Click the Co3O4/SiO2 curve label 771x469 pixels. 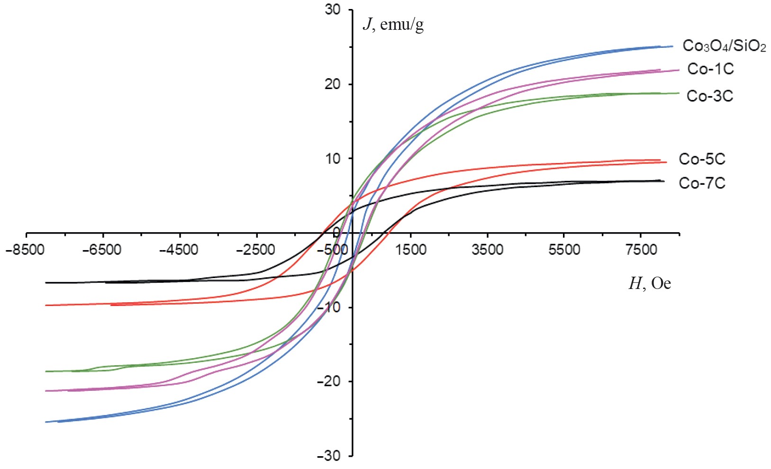pyautogui.click(x=724, y=46)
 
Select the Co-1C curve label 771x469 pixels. pyautogui.click(x=710, y=69)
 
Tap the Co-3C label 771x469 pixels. pyautogui.click(x=709, y=96)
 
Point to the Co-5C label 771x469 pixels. pyautogui.click(x=702, y=159)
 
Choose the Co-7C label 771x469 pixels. pyautogui.click(x=702, y=183)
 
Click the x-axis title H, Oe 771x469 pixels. pyautogui.click(x=649, y=284)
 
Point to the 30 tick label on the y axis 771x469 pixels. pyautogui.click(x=333, y=10)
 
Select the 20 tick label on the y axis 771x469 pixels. pyautogui.click(x=333, y=84)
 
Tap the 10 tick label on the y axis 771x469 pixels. pyautogui.click(x=333, y=159)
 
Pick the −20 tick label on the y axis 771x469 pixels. pyautogui.click(x=329, y=381)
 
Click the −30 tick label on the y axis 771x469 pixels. pyautogui.click(x=329, y=456)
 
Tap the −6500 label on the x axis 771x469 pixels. pyautogui.click(x=102, y=250)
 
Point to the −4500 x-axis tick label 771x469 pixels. pyautogui.click(x=179, y=250)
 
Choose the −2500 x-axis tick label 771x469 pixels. pyautogui.click(x=255, y=250)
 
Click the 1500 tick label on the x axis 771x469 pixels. pyautogui.click(x=411, y=250)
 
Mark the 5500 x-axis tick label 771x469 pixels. pyautogui.click(x=564, y=250)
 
